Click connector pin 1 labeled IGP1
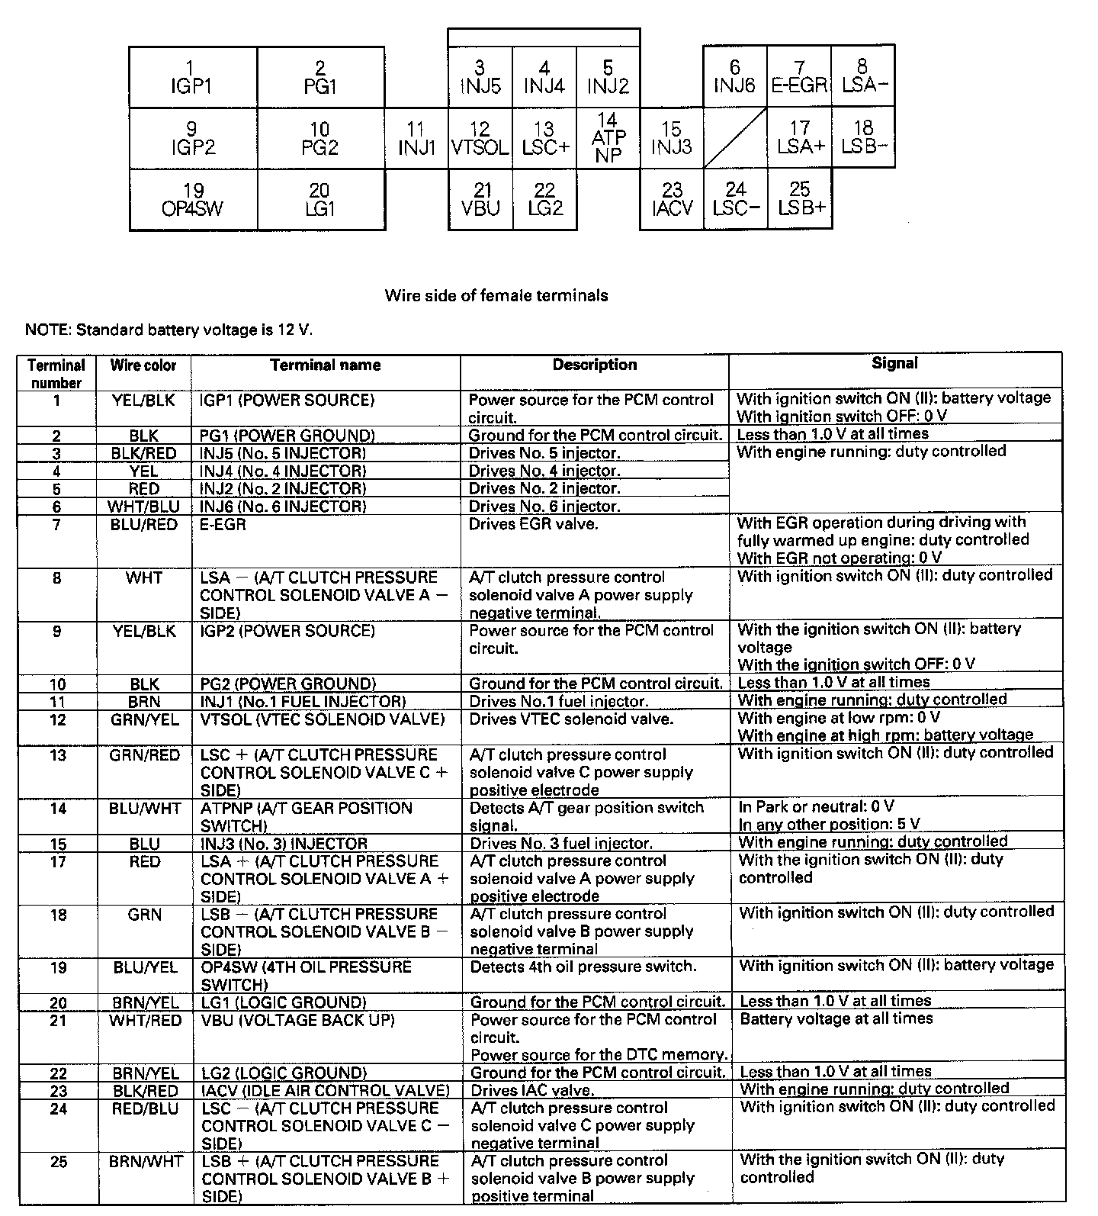coord(192,77)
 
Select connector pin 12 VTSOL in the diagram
coord(480,138)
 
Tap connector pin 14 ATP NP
coord(608,137)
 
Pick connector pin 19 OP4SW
coord(193,199)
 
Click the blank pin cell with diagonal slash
coord(735,137)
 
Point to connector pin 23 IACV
coord(672,199)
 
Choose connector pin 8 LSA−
coord(863,76)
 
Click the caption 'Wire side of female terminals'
coord(496,295)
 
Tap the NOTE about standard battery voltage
coord(169,330)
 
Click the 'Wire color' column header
coord(143,365)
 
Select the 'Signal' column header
coord(894,364)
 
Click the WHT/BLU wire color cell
coord(143,507)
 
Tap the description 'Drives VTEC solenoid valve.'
coord(570,719)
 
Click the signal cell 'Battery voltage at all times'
coord(836,1018)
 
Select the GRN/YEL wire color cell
coord(144,719)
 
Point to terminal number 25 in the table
coord(59,1162)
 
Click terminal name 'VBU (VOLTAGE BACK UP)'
coord(288,1020)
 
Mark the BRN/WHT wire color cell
coord(146,1161)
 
